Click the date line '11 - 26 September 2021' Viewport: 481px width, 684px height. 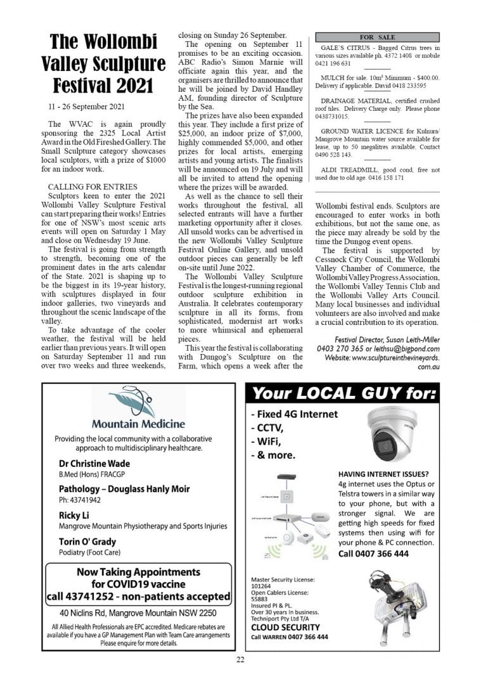(x=87, y=106)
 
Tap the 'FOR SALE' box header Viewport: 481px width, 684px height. (x=377, y=37)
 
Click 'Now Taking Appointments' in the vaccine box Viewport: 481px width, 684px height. (x=138, y=572)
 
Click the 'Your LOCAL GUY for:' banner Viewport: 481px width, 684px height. (x=344, y=395)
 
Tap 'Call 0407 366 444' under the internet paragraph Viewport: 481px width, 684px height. (x=373, y=554)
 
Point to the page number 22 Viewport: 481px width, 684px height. (x=240, y=660)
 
